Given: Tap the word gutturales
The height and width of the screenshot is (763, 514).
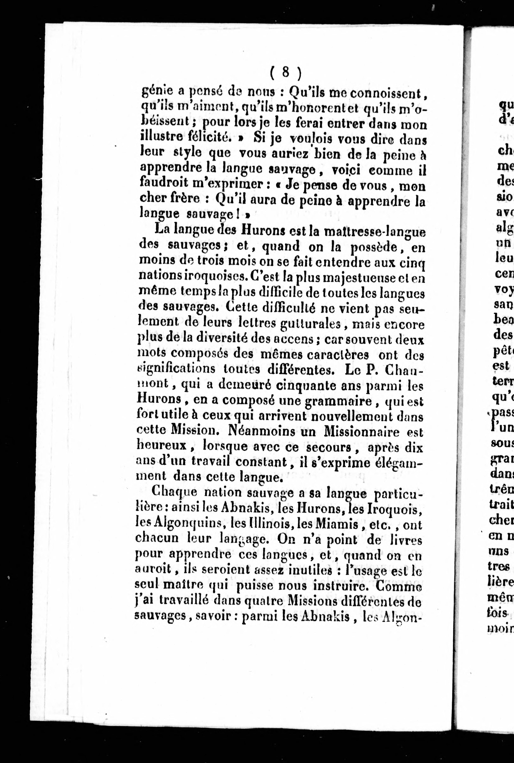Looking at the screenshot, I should [310, 324].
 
